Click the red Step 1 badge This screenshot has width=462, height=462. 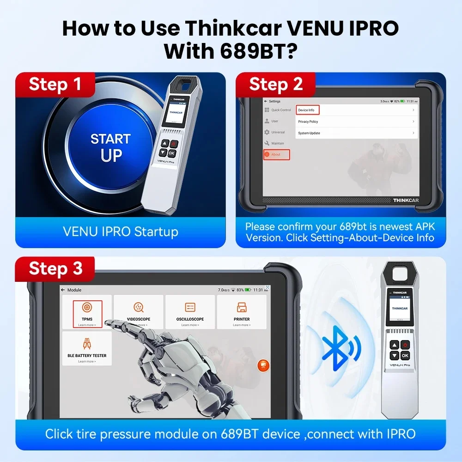click(x=55, y=85)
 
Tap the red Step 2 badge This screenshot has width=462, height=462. click(x=276, y=85)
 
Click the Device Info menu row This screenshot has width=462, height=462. click(x=356, y=110)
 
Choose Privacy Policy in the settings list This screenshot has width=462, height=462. click(x=356, y=122)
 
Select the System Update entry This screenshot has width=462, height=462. click(x=356, y=133)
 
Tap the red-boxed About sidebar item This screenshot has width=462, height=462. click(x=276, y=154)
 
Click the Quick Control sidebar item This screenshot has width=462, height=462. click(x=278, y=110)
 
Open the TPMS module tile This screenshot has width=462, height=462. click(x=87, y=312)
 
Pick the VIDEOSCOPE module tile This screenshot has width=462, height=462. click(x=139, y=312)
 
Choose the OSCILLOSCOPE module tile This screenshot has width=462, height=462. click(x=190, y=312)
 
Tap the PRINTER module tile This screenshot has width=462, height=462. click(x=242, y=312)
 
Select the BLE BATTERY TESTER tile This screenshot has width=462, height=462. click(x=87, y=348)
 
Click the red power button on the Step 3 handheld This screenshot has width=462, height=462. click(x=405, y=345)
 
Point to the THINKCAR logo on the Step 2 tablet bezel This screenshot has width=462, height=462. click(x=405, y=200)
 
